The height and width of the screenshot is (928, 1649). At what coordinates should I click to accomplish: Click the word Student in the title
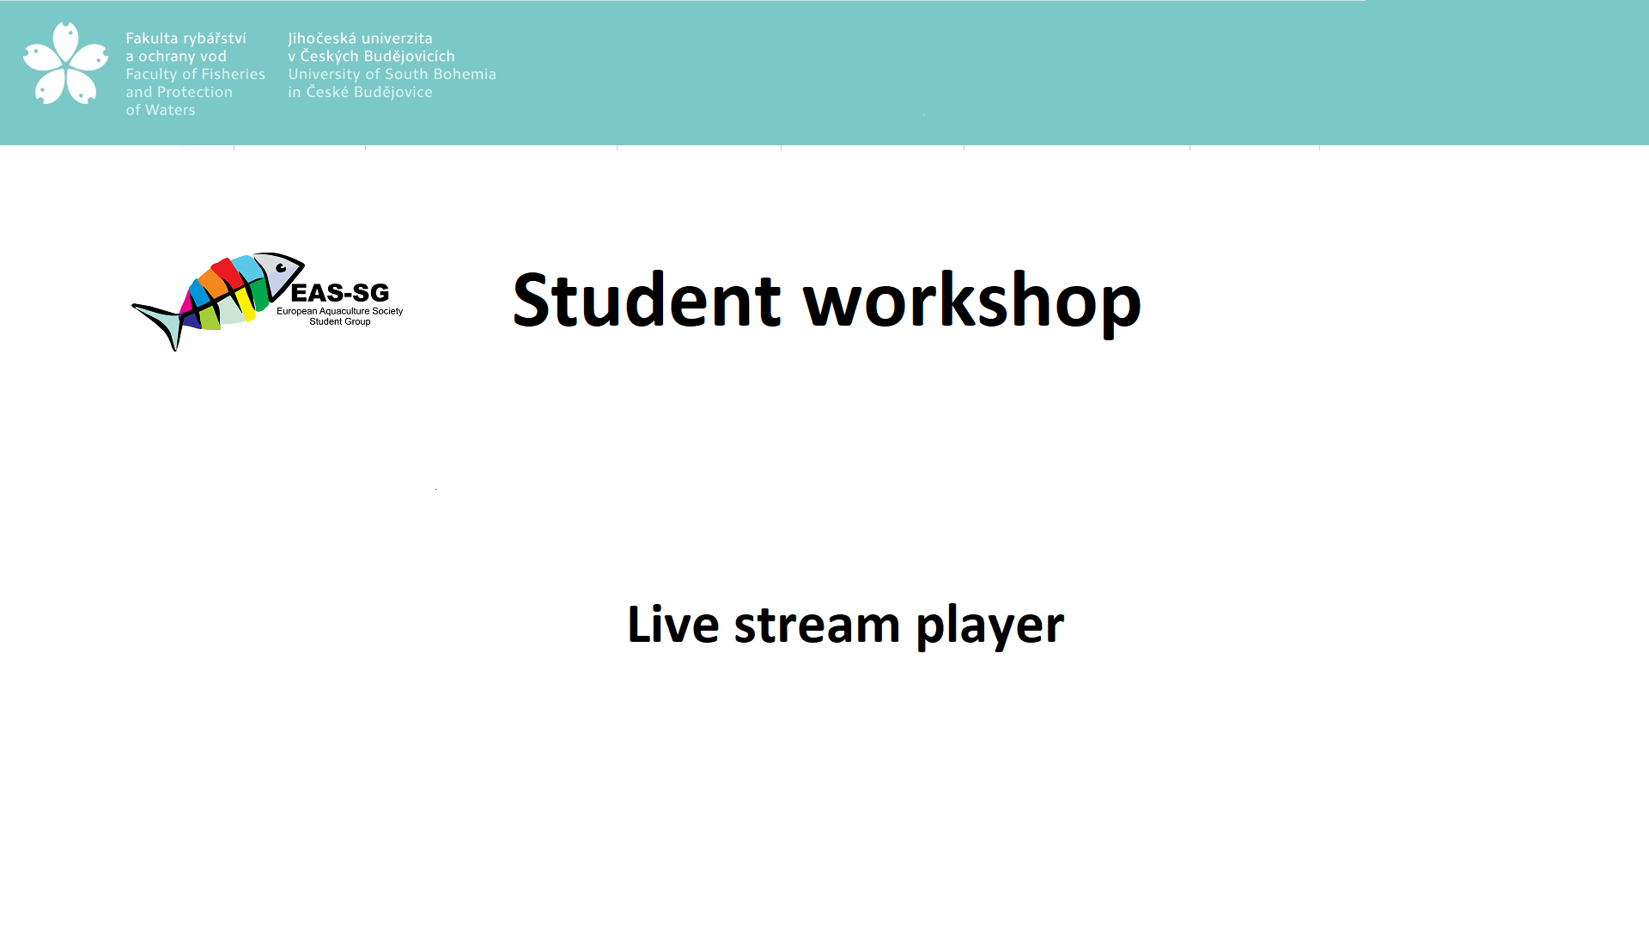pos(647,300)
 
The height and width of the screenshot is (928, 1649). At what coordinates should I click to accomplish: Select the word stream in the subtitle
pos(817,626)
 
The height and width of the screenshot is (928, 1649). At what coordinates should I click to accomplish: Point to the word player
pos(990,626)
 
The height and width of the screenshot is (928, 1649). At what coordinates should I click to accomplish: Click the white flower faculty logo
pos(66,64)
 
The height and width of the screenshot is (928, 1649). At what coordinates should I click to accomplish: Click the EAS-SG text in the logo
pos(340,293)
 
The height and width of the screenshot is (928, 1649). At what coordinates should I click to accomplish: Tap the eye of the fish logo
pos(281,268)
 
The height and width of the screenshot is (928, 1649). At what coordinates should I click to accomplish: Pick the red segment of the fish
pos(228,273)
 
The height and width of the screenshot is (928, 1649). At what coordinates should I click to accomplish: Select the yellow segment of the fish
pos(246,302)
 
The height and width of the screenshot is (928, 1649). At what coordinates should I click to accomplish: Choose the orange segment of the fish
pos(211,283)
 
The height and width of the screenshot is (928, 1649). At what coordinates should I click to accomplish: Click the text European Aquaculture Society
pos(339,311)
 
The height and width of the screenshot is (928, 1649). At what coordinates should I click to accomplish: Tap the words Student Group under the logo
pos(340,321)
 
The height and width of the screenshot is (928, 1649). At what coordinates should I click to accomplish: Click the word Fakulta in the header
pos(152,38)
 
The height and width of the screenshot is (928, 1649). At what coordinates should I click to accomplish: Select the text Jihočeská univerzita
pos(360,38)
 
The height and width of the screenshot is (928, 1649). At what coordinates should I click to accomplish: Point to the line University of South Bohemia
pos(392,74)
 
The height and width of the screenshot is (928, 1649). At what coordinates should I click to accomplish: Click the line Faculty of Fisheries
pos(196,75)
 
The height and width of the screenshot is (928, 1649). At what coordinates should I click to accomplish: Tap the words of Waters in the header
pos(161,110)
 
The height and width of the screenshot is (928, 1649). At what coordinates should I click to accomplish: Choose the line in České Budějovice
pos(360,92)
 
